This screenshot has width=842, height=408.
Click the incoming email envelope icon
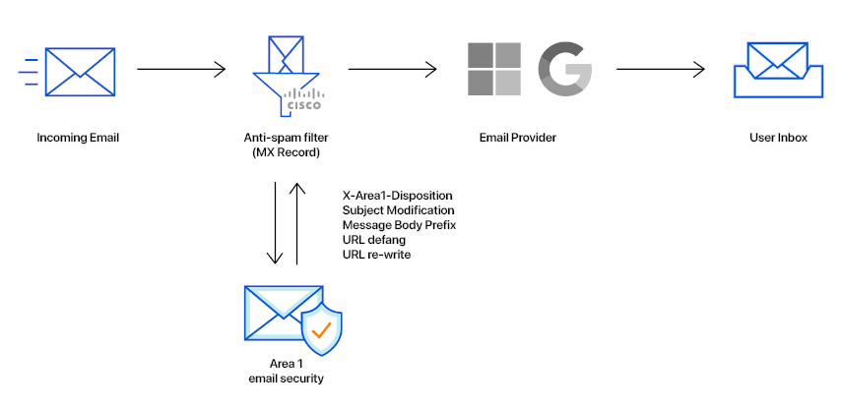pyautogui.click(x=80, y=71)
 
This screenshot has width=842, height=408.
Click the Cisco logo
pyautogui.click(x=304, y=99)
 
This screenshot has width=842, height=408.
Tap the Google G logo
pyautogui.click(x=564, y=70)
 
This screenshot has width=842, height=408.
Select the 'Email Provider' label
pyautogui.click(x=517, y=138)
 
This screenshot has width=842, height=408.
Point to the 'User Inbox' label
pyautogui.click(x=777, y=138)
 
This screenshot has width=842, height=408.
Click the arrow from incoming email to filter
pyautogui.click(x=181, y=70)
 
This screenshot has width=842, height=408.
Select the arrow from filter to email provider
pyautogui.click(x=392, y=70)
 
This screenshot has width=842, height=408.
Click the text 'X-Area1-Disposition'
pyautogui.click(x=397, y=195)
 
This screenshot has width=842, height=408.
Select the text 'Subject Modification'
pyautogui.click(x=398, y=210)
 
